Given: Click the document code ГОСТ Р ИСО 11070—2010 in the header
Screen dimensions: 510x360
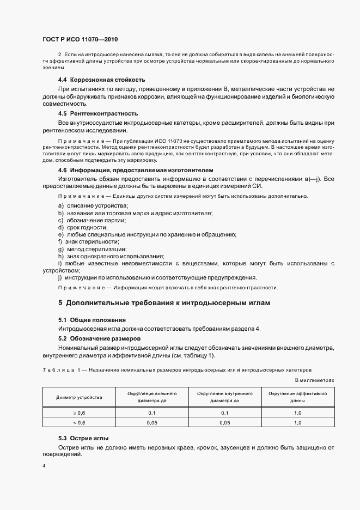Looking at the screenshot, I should tap(80, 40).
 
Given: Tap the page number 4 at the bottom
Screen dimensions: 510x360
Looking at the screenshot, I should tap(44, 466).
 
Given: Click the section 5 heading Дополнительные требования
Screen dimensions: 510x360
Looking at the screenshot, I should tap(164, 302).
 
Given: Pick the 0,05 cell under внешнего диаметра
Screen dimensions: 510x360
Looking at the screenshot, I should tap(152, 422).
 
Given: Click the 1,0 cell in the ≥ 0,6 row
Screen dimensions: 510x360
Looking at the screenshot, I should tap(297, 413).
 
